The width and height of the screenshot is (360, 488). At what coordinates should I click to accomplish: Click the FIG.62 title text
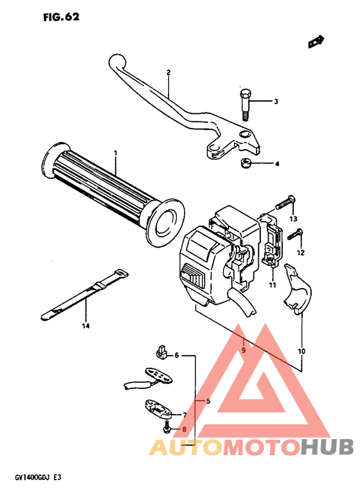(61, 17)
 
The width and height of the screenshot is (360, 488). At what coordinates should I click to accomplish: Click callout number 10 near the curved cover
(302, 351)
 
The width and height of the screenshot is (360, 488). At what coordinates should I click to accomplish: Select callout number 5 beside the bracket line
(208, 401)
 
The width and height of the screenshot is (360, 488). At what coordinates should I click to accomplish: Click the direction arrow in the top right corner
(315, 42)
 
